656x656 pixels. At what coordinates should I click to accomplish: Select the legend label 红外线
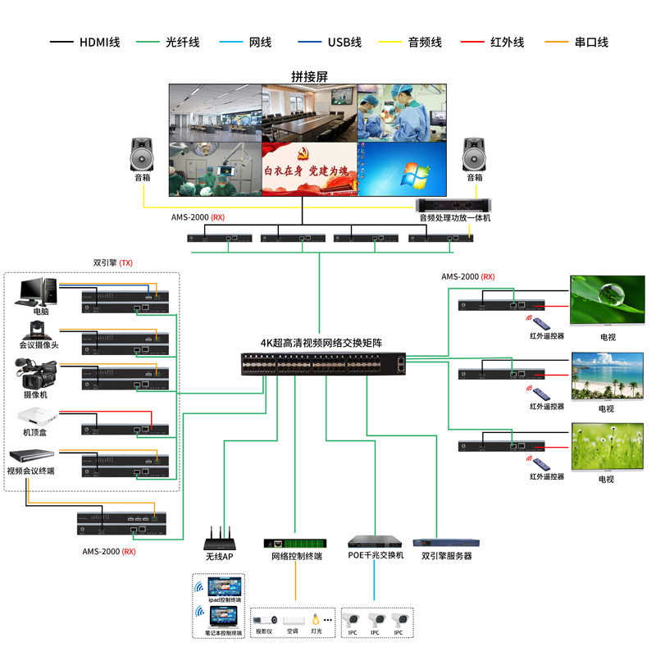pyautogui.click(x=507, y=43)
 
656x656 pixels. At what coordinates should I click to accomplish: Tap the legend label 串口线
pyautogui.click(x=591, y=43)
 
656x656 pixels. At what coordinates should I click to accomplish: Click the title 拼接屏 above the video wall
pyautogui.click(x=309, y=76)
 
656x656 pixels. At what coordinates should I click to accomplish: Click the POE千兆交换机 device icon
pyautogui.click(x=376, y=542)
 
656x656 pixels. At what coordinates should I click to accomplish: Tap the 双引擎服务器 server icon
pyautogui.click(x=447, y=542)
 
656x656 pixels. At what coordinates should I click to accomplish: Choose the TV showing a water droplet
pyautogui.click(x=607, y=301)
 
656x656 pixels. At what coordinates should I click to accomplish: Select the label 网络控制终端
pyautogui.click(x=296, y=557)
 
